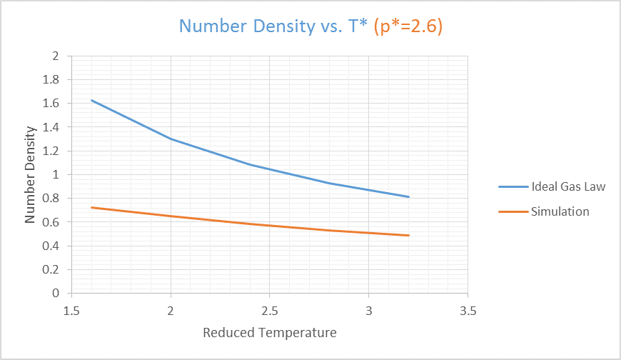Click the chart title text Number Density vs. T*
pos(274,26)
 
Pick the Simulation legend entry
pos(560,211)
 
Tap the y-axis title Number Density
pos(30,174)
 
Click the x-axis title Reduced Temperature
pos(269,333)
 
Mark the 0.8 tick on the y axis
pos(51,199)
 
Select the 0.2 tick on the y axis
pos(51,270)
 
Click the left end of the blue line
pos(92,101)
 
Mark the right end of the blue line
pos(408,197)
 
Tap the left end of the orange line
pos(92,208)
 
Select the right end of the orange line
pos(408,235)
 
